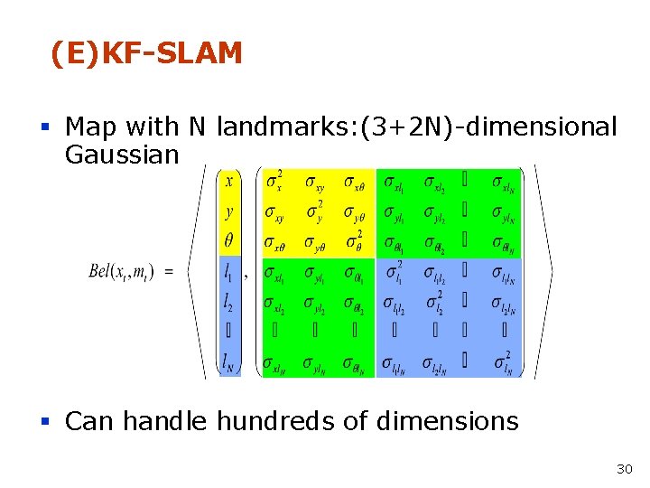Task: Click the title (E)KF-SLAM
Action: pos(146,54)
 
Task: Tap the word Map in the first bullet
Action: pos(89,127)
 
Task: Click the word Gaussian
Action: pos(122,155)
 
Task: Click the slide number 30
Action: pos(624,468)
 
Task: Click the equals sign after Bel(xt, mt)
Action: pos(169,270)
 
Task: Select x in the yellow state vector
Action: pos(229,182)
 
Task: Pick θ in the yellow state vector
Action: pos(229,241)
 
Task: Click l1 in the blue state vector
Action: pos(229,270)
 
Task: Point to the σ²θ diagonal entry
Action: pos(354,241)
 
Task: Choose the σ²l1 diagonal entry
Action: pos(395,271)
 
